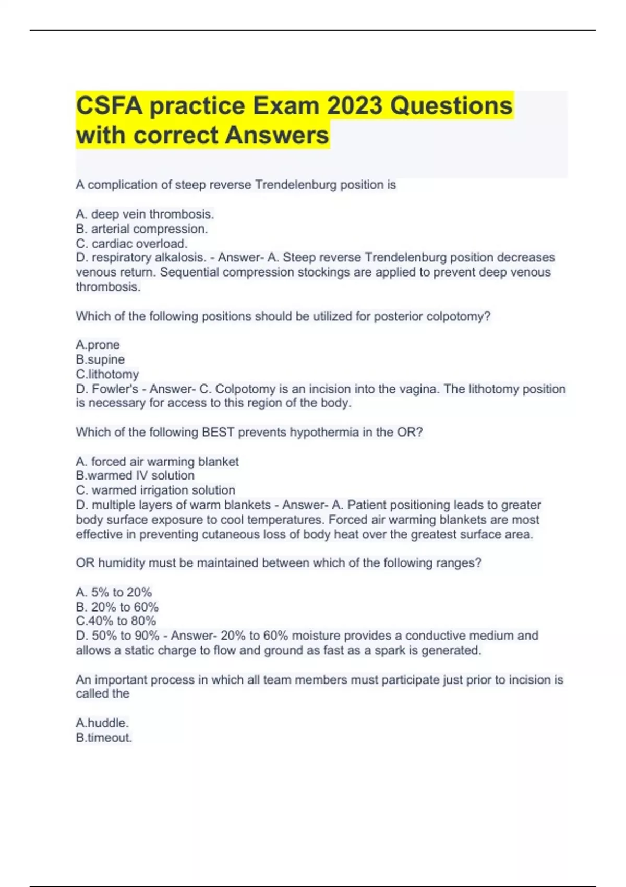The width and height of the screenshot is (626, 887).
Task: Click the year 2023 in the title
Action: pos(355,106)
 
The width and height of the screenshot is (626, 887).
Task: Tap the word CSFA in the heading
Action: pos(109,106)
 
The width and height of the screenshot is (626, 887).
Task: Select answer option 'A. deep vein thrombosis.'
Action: pos(145,214)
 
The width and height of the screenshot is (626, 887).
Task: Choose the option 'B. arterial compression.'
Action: pos(142,229)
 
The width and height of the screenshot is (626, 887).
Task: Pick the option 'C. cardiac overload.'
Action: pos(131,243)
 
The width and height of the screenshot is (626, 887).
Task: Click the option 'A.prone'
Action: pos(98,345)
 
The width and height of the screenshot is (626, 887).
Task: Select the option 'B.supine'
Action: pos(100,359)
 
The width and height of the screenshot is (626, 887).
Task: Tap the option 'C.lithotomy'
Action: pos(107,374)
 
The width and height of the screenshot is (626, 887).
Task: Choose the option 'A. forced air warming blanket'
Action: pos(157,461)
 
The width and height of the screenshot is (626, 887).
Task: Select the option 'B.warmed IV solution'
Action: pos(135,475)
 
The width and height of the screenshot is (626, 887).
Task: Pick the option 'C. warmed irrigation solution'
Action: pos(155,490)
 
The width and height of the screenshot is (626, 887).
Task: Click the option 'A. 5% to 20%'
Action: pos(114,592)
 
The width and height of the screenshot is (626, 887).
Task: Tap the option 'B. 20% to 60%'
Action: pos(117,607)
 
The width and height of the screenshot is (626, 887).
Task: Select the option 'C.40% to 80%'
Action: pos(116,621)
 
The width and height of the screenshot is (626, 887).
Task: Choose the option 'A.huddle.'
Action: pos(102,723)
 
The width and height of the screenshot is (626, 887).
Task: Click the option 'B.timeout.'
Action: pos(104,737)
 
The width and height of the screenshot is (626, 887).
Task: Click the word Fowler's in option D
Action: pos(115,389)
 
